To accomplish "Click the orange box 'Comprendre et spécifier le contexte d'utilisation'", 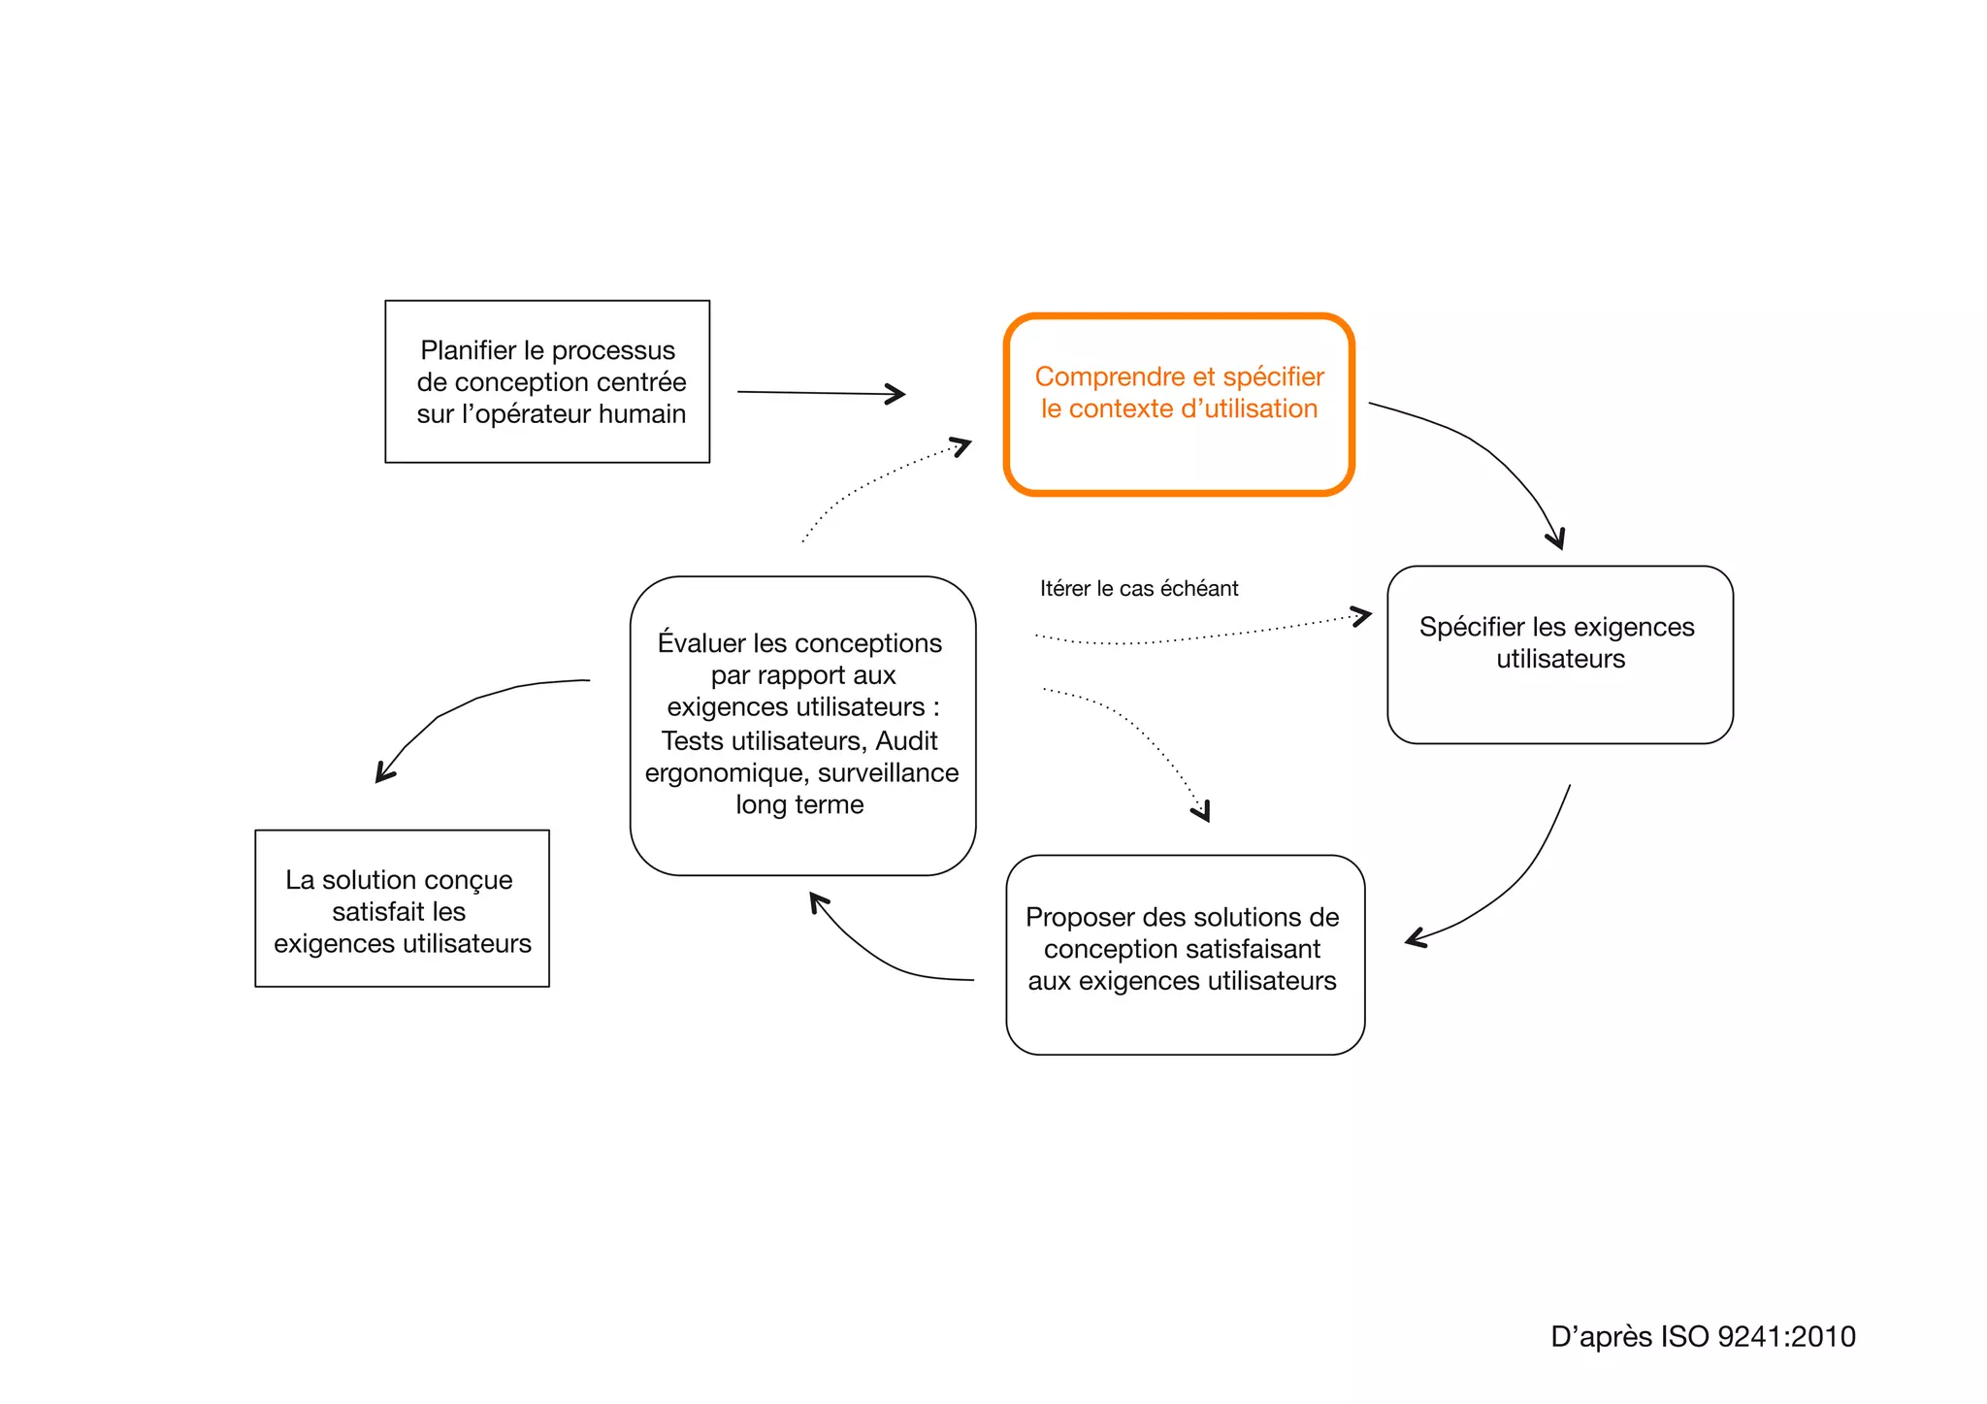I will click(1179, 405).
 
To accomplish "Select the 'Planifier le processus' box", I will click(547, 381).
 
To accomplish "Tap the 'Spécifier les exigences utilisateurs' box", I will click(1559, 654).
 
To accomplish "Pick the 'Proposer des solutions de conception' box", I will click(1185, 954).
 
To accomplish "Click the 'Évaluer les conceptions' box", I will click(802, 725).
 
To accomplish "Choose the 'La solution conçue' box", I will click(402, 908).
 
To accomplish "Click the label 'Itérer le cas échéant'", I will click(1139, 589).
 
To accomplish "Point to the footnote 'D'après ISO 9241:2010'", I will click(1703, 1337).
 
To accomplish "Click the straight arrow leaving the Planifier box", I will click(820, 393).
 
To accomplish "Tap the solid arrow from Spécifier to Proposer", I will click(1514, 883).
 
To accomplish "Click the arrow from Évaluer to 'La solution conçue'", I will click(456, 708).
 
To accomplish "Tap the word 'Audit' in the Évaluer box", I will click(906, 741).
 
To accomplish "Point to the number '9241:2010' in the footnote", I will click(1786, 1337).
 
